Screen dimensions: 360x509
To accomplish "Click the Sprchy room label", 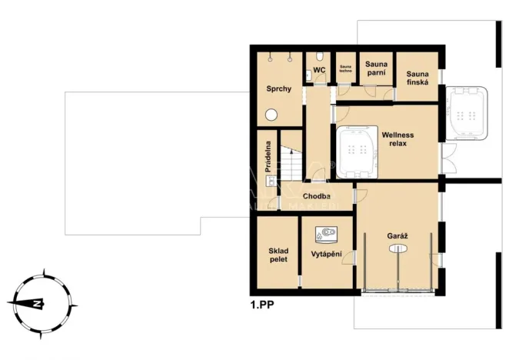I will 278,89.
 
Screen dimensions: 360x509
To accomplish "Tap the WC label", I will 319,70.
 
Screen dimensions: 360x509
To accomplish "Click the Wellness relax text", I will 398,139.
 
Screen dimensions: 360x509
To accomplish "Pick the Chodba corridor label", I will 316,196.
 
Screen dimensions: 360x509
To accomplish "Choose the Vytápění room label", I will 328,253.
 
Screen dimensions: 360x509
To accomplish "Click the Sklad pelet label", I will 278,255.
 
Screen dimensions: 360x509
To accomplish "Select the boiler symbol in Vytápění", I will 328,230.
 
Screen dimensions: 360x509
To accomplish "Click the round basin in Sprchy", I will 271,114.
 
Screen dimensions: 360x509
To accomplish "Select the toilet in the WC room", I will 309,74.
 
